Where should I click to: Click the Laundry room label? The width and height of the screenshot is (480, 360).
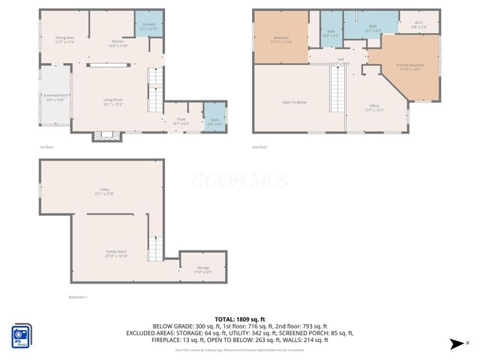pos(148,25)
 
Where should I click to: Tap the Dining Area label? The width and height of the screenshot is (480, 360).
pos(64,39)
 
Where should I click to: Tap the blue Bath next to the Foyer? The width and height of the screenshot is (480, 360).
pos(214,121)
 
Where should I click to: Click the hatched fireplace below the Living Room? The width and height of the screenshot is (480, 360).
pos(105,136)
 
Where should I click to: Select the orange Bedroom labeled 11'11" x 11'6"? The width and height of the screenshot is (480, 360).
pos(281,40)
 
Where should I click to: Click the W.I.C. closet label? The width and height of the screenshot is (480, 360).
pos(420,25)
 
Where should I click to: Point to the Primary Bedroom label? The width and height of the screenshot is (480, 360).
pos(410,67)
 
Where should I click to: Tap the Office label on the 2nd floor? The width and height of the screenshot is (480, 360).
pos(374,107)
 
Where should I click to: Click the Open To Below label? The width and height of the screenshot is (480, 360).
pos(294,102)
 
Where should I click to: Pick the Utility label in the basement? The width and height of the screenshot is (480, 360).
pos(104,191)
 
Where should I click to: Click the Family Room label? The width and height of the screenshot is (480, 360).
pos(116,253)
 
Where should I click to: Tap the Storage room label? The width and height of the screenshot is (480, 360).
pos(203,269)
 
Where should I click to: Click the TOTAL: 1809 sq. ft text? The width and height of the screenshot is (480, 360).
pos(240,319)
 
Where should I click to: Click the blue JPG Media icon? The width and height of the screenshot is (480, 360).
pos(21,335)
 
